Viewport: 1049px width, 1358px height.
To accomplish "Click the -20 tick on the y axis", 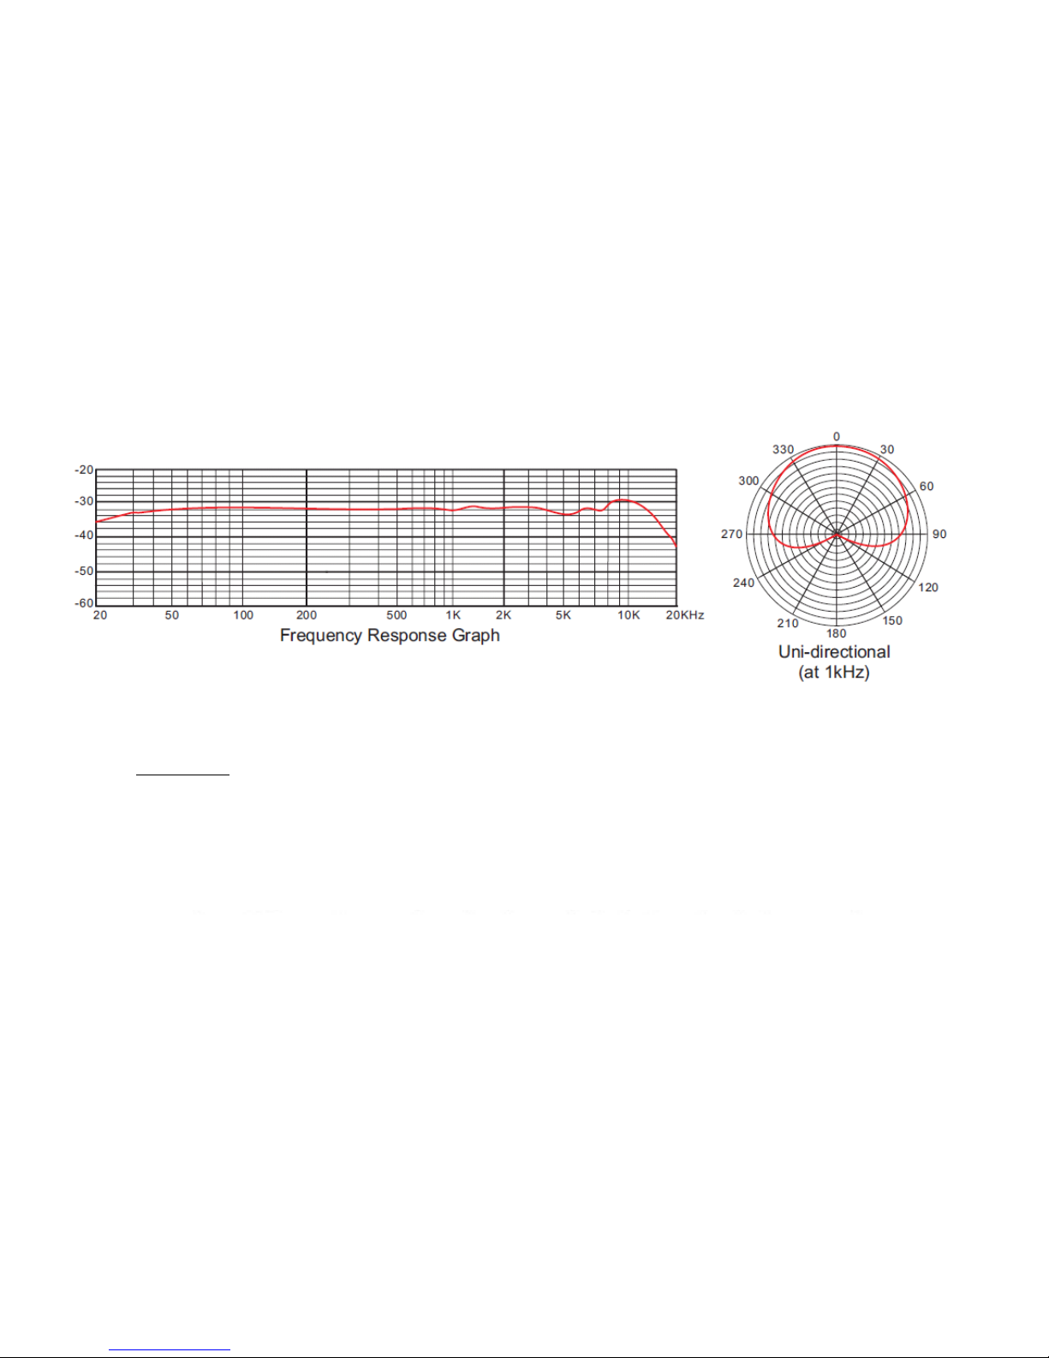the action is pos(84,470).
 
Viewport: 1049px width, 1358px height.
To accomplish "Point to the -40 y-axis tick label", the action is pos(84,535).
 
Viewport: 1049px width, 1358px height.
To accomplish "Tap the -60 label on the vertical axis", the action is pos(84,604).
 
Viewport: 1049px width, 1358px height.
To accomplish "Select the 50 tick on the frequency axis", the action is pos(172,615).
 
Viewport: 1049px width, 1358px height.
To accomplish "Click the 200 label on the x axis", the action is pos(307,615).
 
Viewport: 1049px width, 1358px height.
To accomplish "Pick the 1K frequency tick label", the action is pos(453,615).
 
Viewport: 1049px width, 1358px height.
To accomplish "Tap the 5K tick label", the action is pos(563,615).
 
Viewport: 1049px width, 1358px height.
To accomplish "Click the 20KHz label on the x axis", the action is pos(685,615).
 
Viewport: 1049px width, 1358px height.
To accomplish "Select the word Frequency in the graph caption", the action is pos(321,637).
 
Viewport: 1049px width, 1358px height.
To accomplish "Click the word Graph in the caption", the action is pos(476,637).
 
